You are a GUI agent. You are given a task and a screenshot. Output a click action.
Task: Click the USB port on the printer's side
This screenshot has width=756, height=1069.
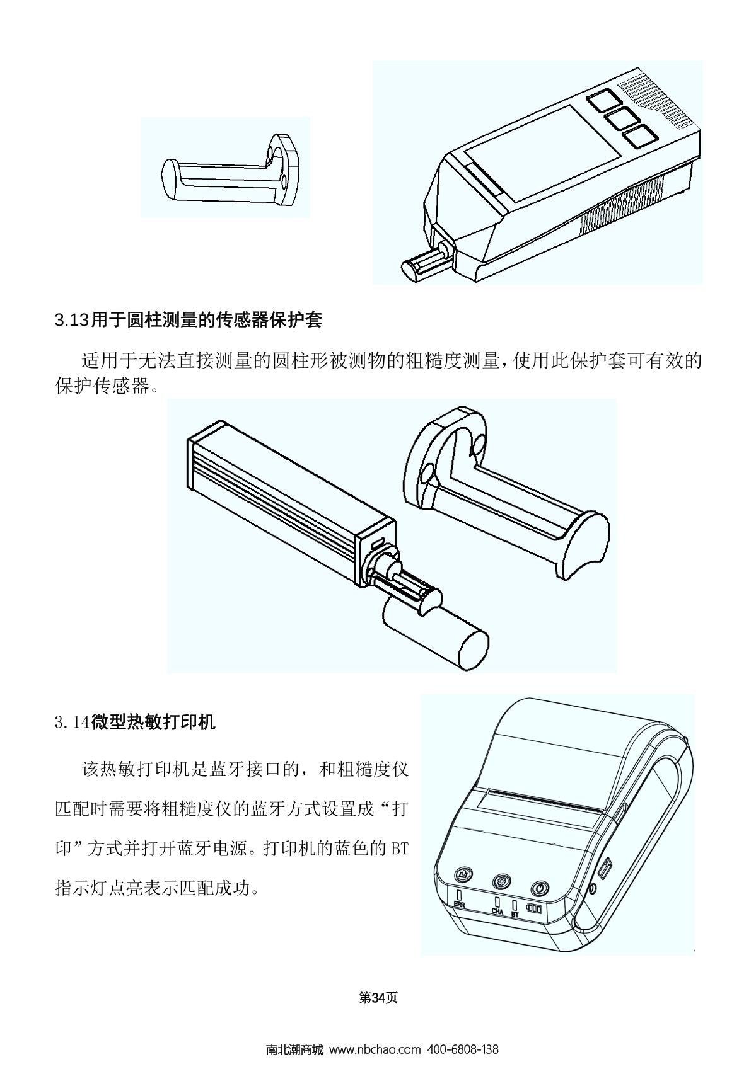605,867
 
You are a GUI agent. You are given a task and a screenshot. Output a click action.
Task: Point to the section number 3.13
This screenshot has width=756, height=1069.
73,320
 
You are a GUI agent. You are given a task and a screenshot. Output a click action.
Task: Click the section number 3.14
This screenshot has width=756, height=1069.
73,723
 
